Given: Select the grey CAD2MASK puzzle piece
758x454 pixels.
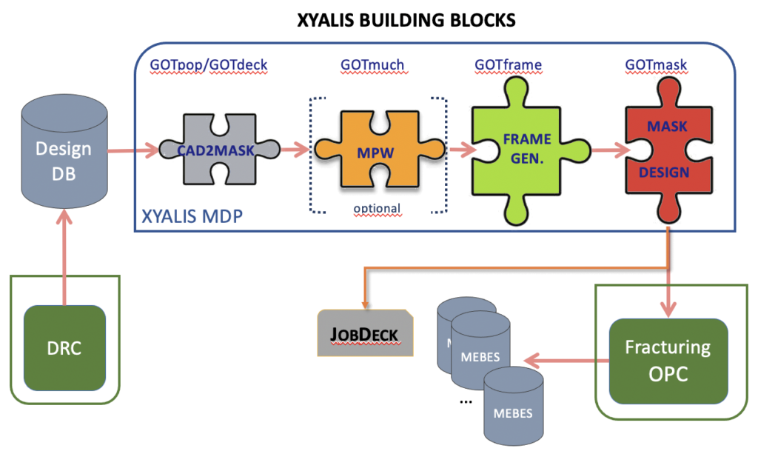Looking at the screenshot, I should (220, 150).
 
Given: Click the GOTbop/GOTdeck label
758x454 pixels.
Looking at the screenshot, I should (208, 65).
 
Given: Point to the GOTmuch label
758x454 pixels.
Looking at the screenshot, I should (372, 65).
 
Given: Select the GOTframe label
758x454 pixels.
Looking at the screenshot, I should (508, 65).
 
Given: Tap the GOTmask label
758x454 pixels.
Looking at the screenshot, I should (656, 65).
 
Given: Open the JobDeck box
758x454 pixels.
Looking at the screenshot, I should (363, 333).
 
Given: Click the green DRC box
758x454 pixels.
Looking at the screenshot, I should (64, 348).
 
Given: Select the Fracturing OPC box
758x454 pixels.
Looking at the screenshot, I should (668, 361).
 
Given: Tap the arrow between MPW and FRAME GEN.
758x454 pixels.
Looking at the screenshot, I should (460, 150).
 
